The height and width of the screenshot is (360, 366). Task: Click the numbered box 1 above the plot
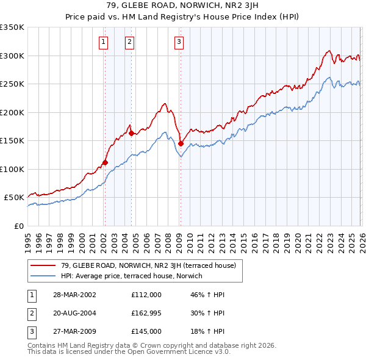(104, 42)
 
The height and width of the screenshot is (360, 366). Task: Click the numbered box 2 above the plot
(130, 42)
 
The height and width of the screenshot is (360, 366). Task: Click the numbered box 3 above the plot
(179, 42)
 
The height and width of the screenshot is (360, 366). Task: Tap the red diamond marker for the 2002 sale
(105, 162)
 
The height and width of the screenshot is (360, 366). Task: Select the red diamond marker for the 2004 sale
(131, 133)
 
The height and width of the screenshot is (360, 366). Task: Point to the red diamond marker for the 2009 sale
(181, 143)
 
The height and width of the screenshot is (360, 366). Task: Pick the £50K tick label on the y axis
(14, 198)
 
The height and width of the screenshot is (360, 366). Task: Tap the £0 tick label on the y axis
(19, 226)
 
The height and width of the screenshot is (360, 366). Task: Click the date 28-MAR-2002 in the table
(75, 295)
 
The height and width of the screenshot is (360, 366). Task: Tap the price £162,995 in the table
(147, 313)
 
